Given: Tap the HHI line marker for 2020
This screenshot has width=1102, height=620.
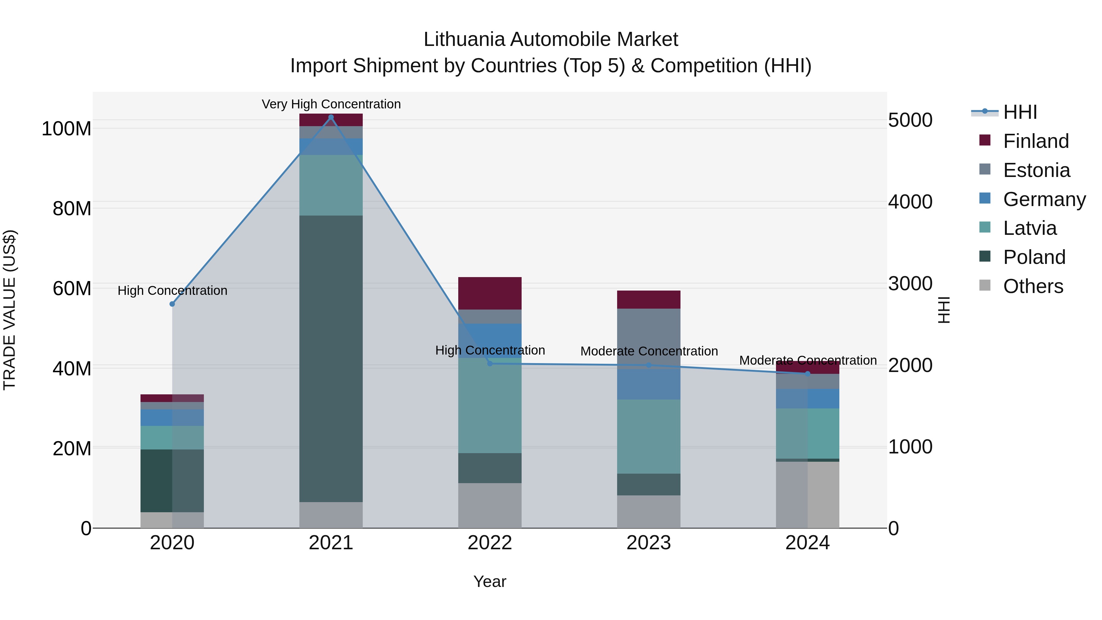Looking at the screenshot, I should (172, 304).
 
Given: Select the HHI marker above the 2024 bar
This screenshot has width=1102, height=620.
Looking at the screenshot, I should (808, 374).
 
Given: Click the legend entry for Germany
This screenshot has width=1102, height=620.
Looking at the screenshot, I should (1044, 199).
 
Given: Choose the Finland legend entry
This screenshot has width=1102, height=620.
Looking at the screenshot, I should (1035, 141).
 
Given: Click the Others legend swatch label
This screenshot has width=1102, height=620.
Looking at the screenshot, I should (1033, 286).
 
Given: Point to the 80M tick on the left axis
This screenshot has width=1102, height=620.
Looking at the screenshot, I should (72, 209).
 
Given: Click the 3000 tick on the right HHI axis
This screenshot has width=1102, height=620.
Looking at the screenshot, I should (910, 284).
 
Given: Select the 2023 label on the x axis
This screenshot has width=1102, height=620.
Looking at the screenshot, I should (649, 543).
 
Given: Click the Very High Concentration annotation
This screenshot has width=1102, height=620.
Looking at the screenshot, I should (331, 104).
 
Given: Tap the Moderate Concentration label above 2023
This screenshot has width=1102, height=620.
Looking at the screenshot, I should (649, 351).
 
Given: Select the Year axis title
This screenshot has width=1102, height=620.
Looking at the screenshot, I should (490, 581).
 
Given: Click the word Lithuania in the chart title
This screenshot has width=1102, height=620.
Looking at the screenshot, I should (464, 39).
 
